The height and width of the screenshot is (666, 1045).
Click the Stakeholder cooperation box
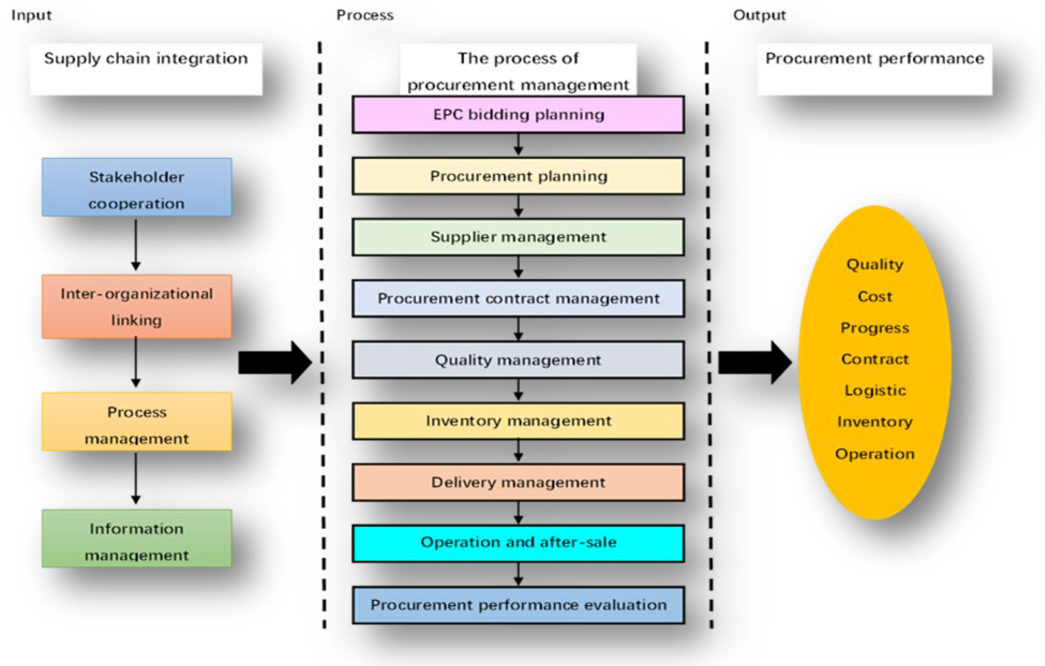tap(137, 188)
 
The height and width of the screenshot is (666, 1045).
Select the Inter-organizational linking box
tap(137, 307)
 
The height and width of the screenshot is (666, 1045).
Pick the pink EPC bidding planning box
tap(518, 115)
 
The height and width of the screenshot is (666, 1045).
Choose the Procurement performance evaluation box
tap(518, 605)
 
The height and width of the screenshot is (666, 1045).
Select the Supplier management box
tap(518, 237)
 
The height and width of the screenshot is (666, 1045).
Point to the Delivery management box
tap(518, 482)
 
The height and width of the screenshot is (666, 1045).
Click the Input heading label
tap(31, 15)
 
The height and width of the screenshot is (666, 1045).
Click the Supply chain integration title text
tap(146, 59)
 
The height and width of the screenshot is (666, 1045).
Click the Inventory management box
tap(518, 421)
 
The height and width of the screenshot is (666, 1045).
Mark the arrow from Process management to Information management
tap(136, 478)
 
